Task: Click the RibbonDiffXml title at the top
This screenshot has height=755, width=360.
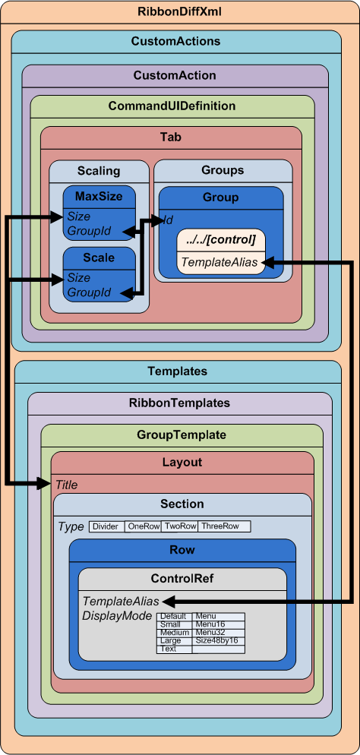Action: point(179,11)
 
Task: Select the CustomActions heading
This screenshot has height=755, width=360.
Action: point(175,41)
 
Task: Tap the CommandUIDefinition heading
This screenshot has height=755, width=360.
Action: point(172,106)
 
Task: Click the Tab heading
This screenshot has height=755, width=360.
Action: point(171,137)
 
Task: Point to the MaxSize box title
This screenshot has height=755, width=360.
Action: point(99,196)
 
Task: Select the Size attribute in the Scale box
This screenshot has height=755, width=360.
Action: point(78,277)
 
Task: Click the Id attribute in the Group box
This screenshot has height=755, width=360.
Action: point(169,220)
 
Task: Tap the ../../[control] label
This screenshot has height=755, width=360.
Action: point(221,240)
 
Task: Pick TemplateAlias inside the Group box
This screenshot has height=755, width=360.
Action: point(220,263)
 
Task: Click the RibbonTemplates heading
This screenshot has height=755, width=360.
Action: point(179,403)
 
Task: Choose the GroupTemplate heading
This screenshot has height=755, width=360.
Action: point(182,434)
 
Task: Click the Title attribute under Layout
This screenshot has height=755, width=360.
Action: point(66,485)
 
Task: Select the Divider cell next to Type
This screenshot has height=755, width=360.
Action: point(106,526)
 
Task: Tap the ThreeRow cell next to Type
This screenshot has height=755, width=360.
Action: point(220,526)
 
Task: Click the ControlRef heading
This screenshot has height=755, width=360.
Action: point(182,578)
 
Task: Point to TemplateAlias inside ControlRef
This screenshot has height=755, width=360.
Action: point(120,601)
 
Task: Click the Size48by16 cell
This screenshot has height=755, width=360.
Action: point(216,640)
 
